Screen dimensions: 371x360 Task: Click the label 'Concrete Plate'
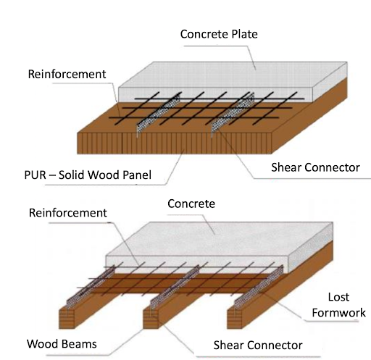[219, 34]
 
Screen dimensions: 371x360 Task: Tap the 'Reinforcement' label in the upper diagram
[67, 74]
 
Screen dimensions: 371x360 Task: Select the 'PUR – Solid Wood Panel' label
[88, 175]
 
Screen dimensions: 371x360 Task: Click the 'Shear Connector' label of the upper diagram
[315, 167]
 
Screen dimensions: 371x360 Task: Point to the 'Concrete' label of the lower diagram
[191, 204]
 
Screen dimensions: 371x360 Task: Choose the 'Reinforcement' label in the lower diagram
[68, 213]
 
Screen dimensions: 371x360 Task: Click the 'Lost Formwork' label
[338, 305]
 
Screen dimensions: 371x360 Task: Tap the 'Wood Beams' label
[62, 344]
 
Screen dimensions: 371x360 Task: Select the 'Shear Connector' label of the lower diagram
[258, 346]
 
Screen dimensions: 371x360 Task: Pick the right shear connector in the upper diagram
[233, 114]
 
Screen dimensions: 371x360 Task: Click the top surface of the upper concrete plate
[233, 75]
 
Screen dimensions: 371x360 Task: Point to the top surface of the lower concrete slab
[220, 239]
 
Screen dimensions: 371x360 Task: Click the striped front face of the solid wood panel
[175, 143]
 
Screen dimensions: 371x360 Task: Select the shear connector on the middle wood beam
[175, 288]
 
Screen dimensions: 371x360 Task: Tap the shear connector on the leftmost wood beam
[91, 288]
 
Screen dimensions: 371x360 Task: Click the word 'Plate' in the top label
[244, 34]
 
